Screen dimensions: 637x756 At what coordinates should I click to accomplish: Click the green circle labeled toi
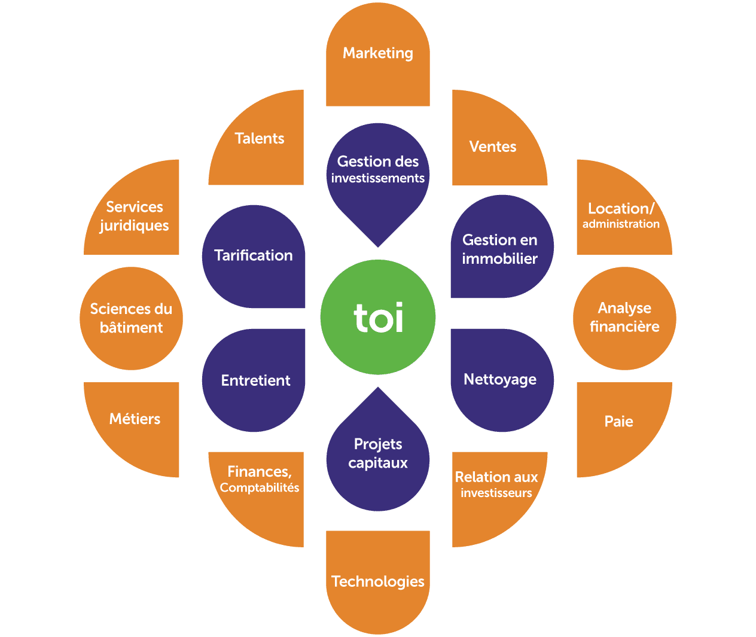click(x=378, y=317)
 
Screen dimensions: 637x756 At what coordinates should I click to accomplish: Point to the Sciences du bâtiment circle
click(x=131, y=318)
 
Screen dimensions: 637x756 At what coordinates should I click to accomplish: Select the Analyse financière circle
click(x=624, y=318)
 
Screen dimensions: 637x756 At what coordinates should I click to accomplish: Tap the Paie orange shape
click(x=619, y=422)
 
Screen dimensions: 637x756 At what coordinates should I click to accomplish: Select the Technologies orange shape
click(x=378, y=580)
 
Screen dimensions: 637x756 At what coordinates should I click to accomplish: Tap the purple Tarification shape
click(x=254, y=256)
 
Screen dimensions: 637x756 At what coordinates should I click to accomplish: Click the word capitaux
click(x=378, y=463)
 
